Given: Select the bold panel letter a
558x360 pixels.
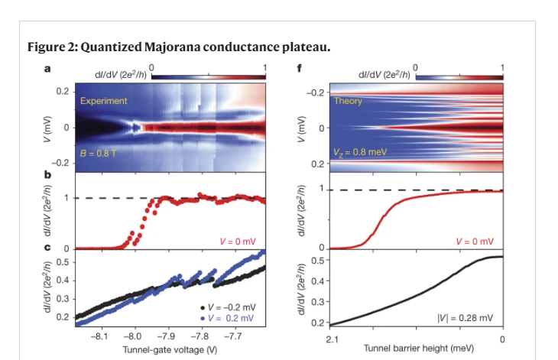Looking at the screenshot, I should pyautogui.click(x=47, y=70).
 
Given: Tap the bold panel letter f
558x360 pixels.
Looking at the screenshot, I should pyautogui.click(x=300, y=70).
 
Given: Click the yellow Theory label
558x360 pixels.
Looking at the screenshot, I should pyautogui.click(x=349, y=101).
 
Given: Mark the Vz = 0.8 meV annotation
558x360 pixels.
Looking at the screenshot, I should pyautogui.click(x=359, y=151).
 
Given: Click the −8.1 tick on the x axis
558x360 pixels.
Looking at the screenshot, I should pyautogui.click(x=99, y=335).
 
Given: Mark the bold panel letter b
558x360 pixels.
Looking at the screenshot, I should pyautogui.click(x=47, y=181).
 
